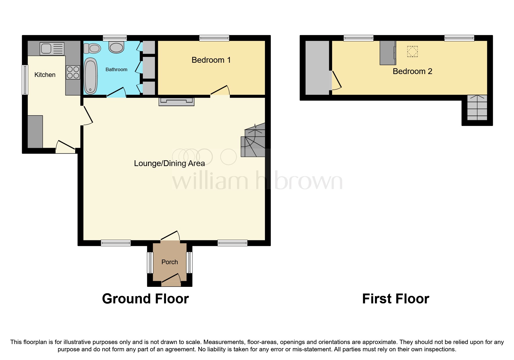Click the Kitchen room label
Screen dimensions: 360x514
(x=45, y=75)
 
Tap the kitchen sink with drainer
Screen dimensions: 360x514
(x=52, y=49)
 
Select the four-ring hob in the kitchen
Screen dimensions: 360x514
(x=73, y=72)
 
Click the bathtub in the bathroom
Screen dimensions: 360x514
(x=91, y=76)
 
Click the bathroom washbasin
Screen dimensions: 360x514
(x=116, y=47)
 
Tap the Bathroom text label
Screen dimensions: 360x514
(x=116, y=69)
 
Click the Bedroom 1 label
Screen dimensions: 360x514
(x=211, y=60)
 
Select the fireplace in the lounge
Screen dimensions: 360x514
(x=176, y=101)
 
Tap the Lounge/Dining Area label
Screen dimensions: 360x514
(x=169, y=163)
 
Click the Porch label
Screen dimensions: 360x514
(x=169, y=262)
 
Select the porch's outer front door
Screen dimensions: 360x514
(x=171, y=279)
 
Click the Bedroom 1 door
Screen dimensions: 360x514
(x=220, y=91)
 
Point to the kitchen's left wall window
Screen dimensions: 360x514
(x=25, y=80)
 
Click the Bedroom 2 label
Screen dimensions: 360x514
(x=412, y=71)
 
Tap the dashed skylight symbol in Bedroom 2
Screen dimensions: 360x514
(x=412, y=52)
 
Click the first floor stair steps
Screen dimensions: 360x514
(x=477, y=108)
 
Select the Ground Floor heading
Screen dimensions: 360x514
(x=145, y=299)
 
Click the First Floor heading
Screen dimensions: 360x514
(x=395, y=299)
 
